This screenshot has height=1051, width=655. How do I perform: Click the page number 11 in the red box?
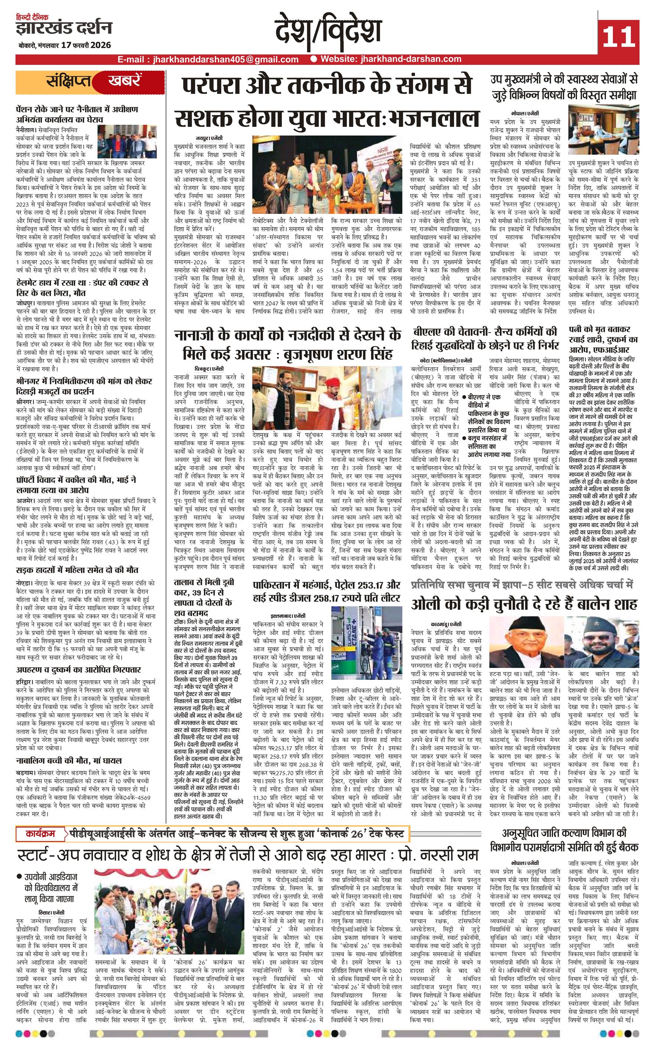coord(618,36)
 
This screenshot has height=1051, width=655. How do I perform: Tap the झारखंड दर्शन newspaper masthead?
coord(64,28)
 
